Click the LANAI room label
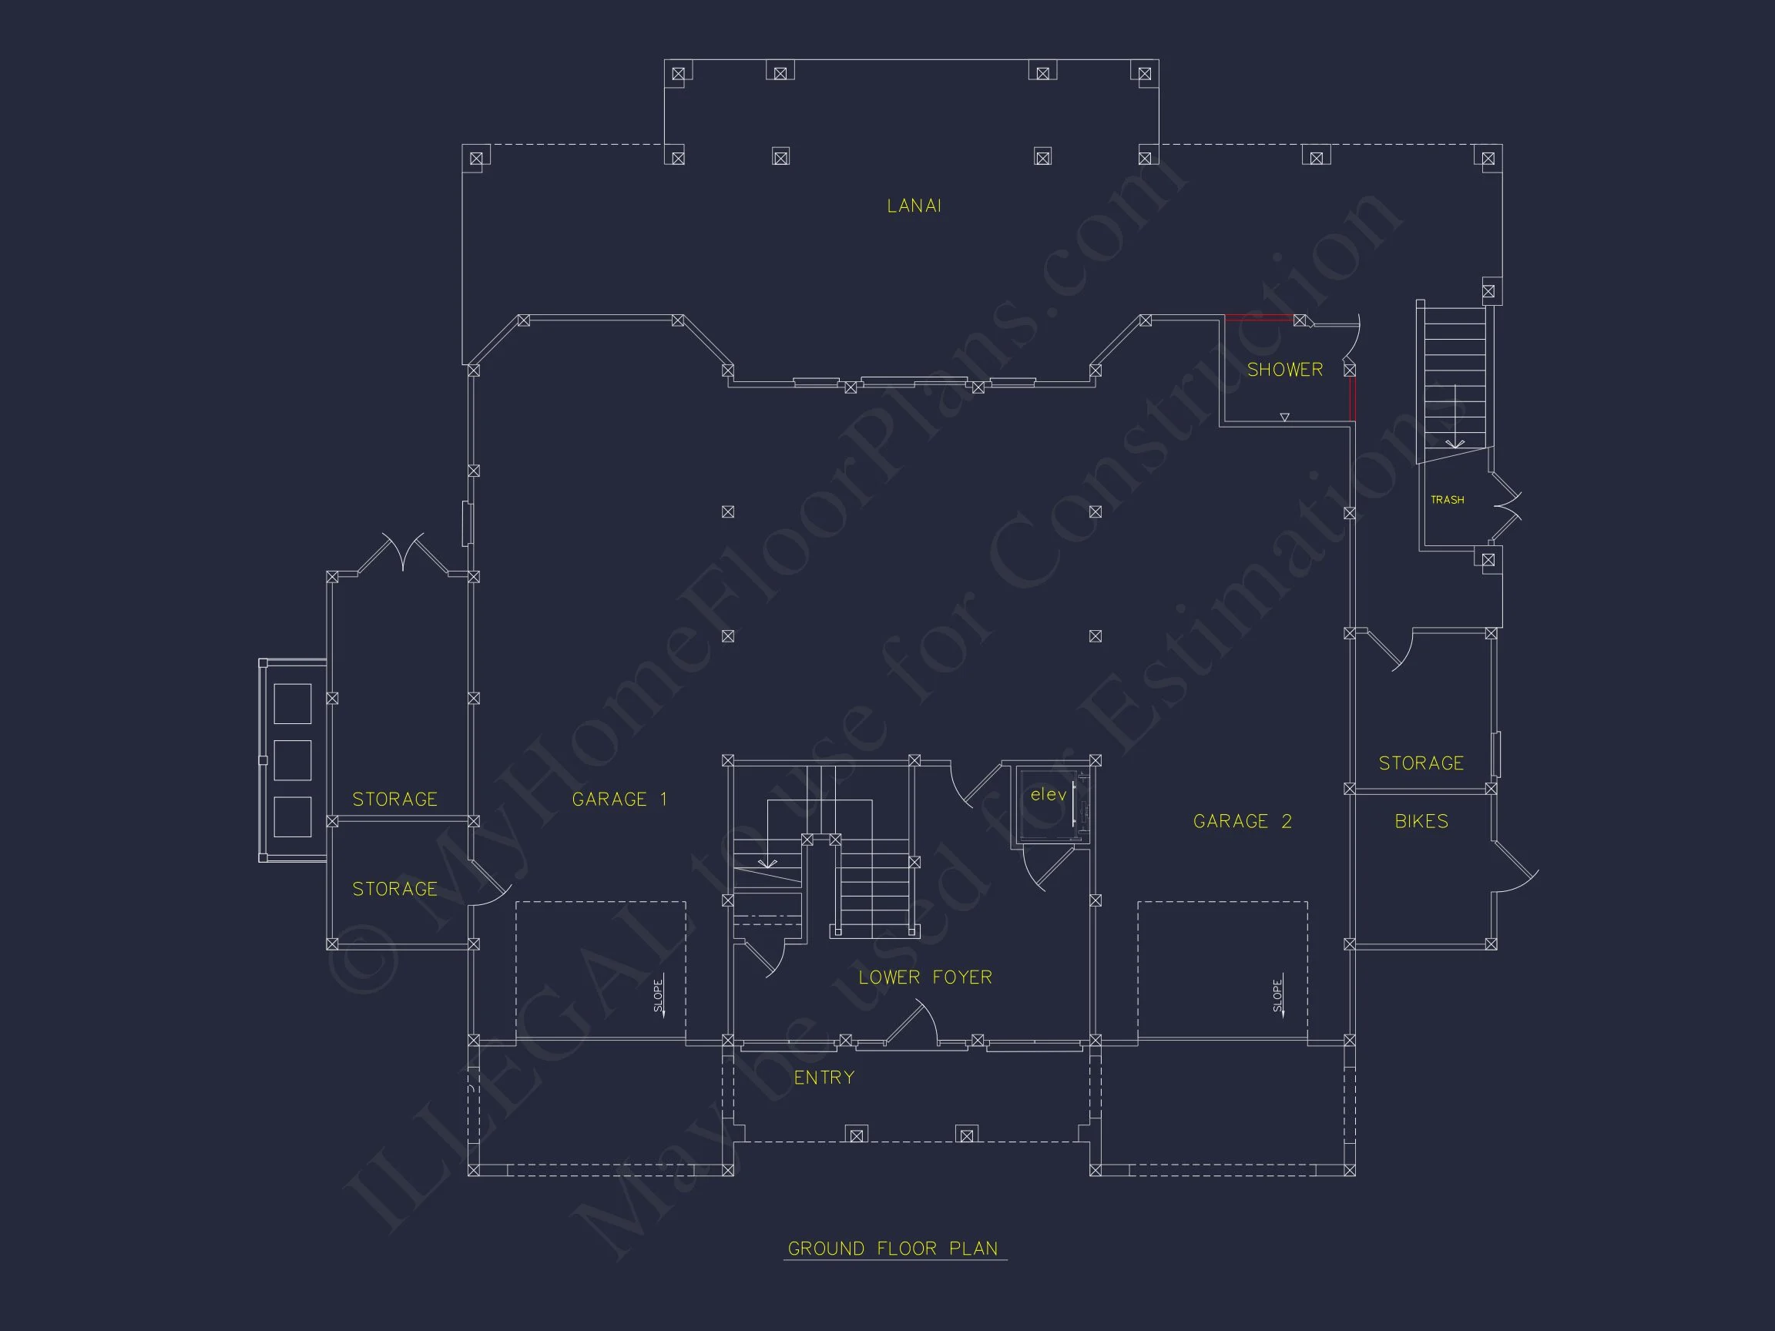[x=914, y=206]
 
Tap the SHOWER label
[x=1285, y=370]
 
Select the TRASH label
[x=1447, y=500]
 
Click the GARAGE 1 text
[x=619, y=799]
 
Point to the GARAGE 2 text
[x=1242, y=821]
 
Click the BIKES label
[x=1421, y=821]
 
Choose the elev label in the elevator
[x=1048, y=794]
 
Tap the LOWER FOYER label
[x=925, y=977]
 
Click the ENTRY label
[x=824, y=1078]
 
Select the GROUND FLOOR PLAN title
[x=893, y=1249]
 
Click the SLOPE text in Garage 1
[x=659, y=996]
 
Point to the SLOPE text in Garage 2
[x=1277, y=996]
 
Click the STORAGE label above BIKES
[x=1421, y=763]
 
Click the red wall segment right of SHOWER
[x=1352, y=399]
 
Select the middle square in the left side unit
[x=292, y=759]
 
